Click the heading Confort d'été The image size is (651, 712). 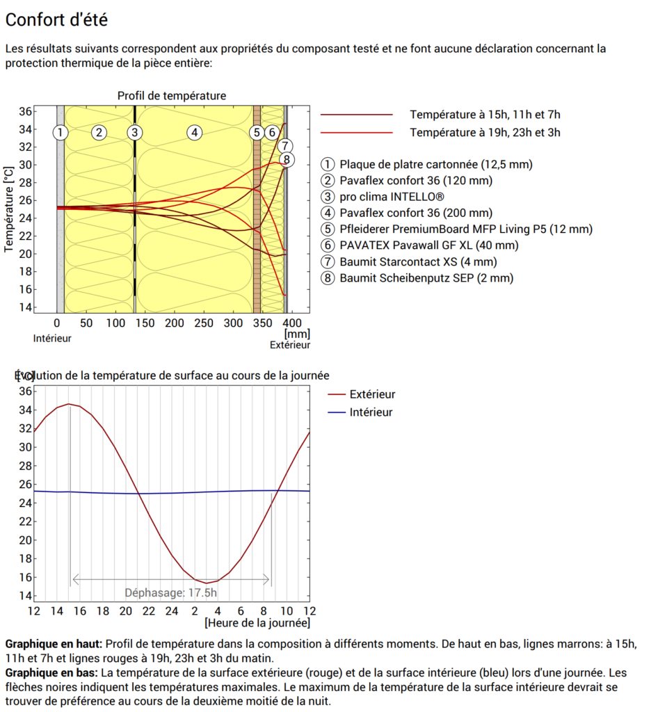tap(56, 20)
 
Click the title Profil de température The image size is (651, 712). tap(171, 96)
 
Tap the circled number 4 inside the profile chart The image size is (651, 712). tap(195, 132)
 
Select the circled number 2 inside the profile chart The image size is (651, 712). tap(99, 132)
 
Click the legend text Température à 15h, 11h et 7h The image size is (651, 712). tap(485, 115)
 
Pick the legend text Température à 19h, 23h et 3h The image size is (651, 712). tap(485, 132)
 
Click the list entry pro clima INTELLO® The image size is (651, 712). tap(392, 197)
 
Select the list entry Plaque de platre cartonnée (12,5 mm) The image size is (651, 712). tap(436, 165)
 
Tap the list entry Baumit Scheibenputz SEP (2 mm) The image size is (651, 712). tap(426, 278)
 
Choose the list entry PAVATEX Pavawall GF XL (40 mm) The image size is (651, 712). tap(429, 245)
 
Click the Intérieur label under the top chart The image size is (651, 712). tap(52, 339)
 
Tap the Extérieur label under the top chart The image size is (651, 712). tap(290, 345)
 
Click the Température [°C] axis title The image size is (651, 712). tap(9, 209)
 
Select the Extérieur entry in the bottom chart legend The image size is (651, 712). tap(372, 394)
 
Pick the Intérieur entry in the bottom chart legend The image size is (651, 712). tap(371, 412)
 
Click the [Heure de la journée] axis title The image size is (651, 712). tap(257, 622)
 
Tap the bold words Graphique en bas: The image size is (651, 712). tap(51, 673)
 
